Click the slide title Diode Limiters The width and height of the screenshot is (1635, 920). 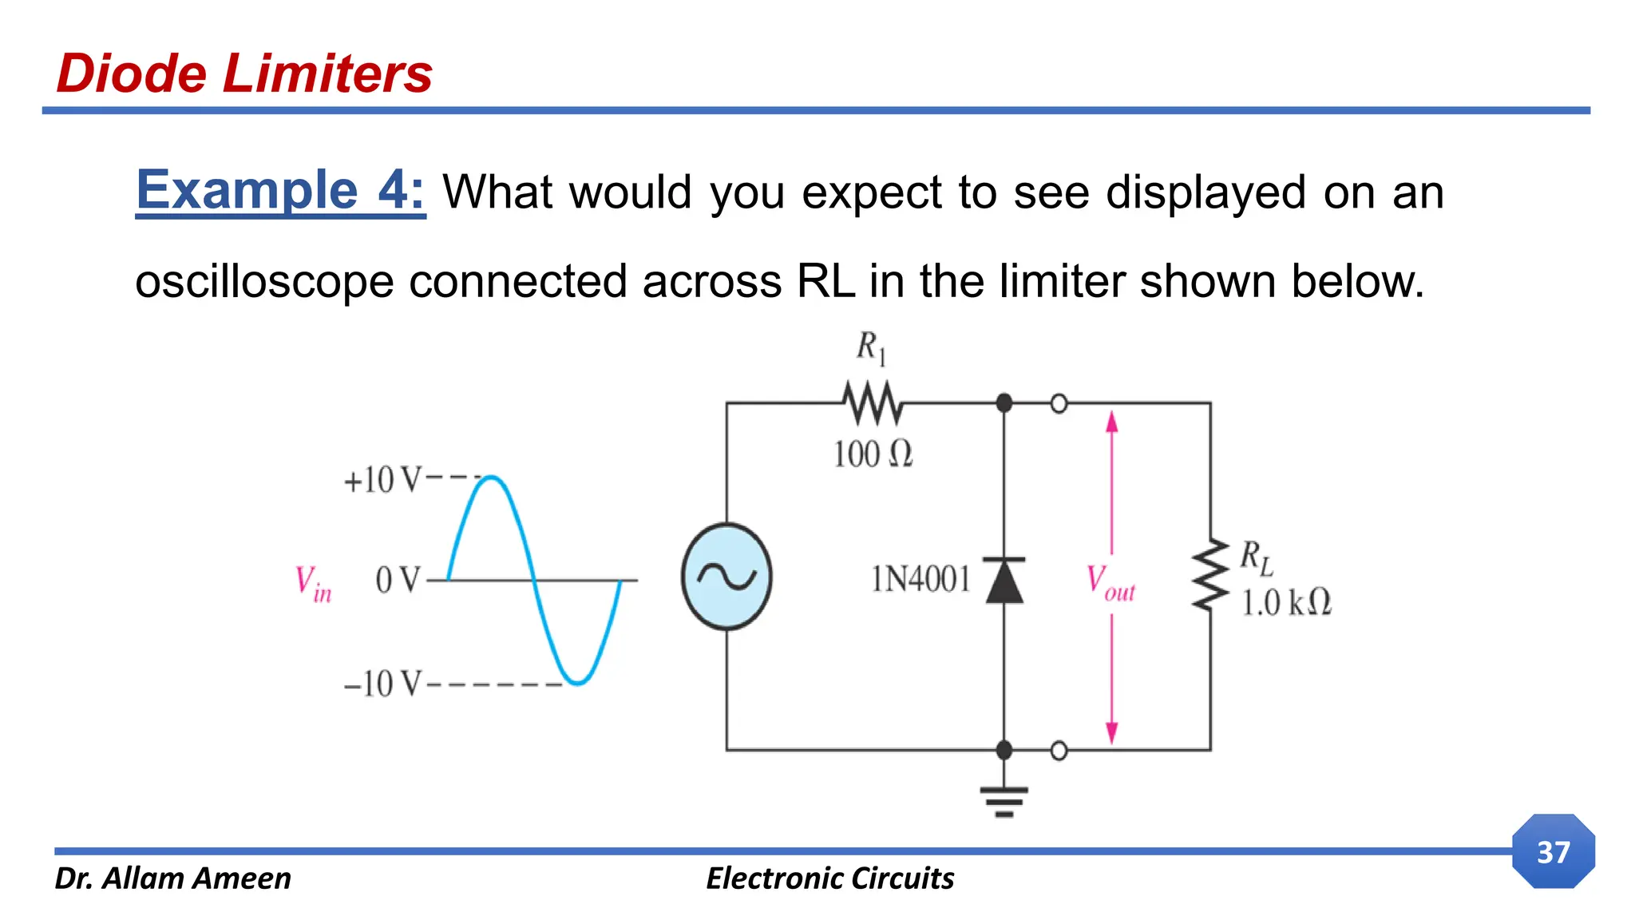tap(244, 73)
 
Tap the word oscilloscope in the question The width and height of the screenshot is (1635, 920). tap(264, 282)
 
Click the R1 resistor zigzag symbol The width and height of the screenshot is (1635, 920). tap(873, 402)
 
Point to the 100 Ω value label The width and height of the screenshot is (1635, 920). tap(873, 454)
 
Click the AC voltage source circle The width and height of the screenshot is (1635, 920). tap(726, 576)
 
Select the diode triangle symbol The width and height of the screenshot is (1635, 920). tap(1004, 581)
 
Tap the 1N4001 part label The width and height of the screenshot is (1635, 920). tap(920, 579)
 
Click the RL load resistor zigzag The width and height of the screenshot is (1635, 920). tap(1210, 575)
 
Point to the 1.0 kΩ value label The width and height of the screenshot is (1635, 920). tap(1286, 602)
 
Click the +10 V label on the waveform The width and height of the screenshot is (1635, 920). tap(381, 480)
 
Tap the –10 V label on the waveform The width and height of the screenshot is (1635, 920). tap(381, 684)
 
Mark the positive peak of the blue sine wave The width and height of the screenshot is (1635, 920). tap(493, 478)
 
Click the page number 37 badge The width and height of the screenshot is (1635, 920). tap(1553, 851)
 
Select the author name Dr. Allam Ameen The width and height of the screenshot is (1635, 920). tap(173, 878)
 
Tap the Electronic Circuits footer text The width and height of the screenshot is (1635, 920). tap(829, 878)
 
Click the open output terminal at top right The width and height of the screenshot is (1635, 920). tap(1059, 404)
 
